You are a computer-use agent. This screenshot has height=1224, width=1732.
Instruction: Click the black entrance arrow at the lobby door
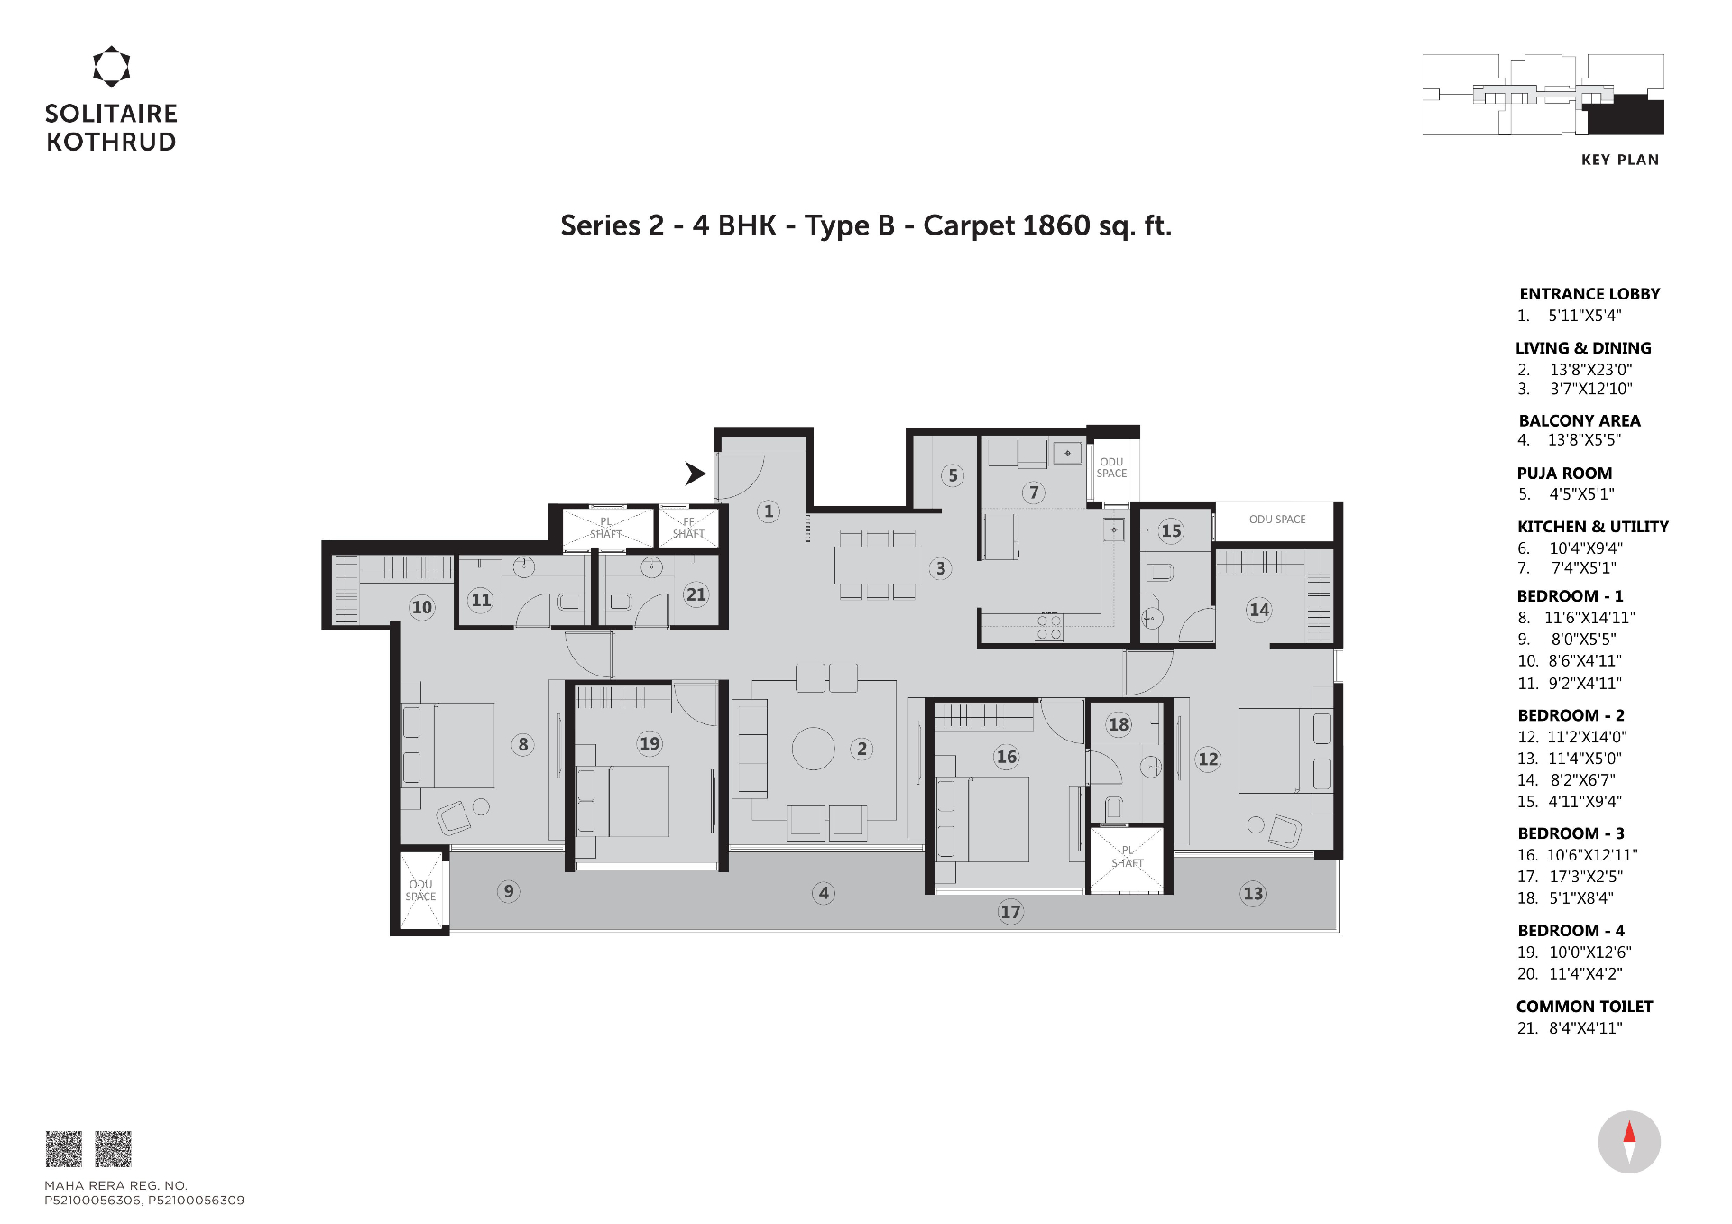tap(694, 474)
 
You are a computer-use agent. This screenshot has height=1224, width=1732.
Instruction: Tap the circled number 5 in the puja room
tap(953, 476)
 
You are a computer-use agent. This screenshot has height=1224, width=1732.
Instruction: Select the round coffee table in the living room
tap(814, 749)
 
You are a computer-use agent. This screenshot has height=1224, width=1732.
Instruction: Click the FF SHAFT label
tap(688, 528)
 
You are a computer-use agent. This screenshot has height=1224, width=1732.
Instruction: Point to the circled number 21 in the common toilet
tap(696, 594)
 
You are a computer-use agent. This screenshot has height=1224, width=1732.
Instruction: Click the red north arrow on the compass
tap(1629, 1131)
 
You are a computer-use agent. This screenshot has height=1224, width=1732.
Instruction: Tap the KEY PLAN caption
tap(1620, 160)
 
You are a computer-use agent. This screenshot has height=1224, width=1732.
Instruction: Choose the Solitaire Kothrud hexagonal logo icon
tap(112, 67)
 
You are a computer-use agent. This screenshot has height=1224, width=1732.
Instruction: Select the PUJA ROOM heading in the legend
tap(1564, 474)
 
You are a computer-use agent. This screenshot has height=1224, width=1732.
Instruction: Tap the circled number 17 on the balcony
tap(1010, 912)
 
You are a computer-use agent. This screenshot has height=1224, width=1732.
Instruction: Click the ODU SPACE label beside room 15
tap(1277, 520)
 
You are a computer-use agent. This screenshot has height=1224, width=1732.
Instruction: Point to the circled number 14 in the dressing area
tap(1259, 610)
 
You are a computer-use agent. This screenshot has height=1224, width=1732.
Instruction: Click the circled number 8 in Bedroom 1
tap(523, 745)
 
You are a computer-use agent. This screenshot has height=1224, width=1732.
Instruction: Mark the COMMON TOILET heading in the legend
tap(1584, 1007)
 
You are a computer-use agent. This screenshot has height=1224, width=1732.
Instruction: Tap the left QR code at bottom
tap(64, 1149)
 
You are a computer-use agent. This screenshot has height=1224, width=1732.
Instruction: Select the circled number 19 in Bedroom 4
tap(649, 744)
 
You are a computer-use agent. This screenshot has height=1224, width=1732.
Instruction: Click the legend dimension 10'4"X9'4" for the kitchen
tap(1586, 548)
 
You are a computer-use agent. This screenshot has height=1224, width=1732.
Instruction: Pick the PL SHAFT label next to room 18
tap(1128, 857)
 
